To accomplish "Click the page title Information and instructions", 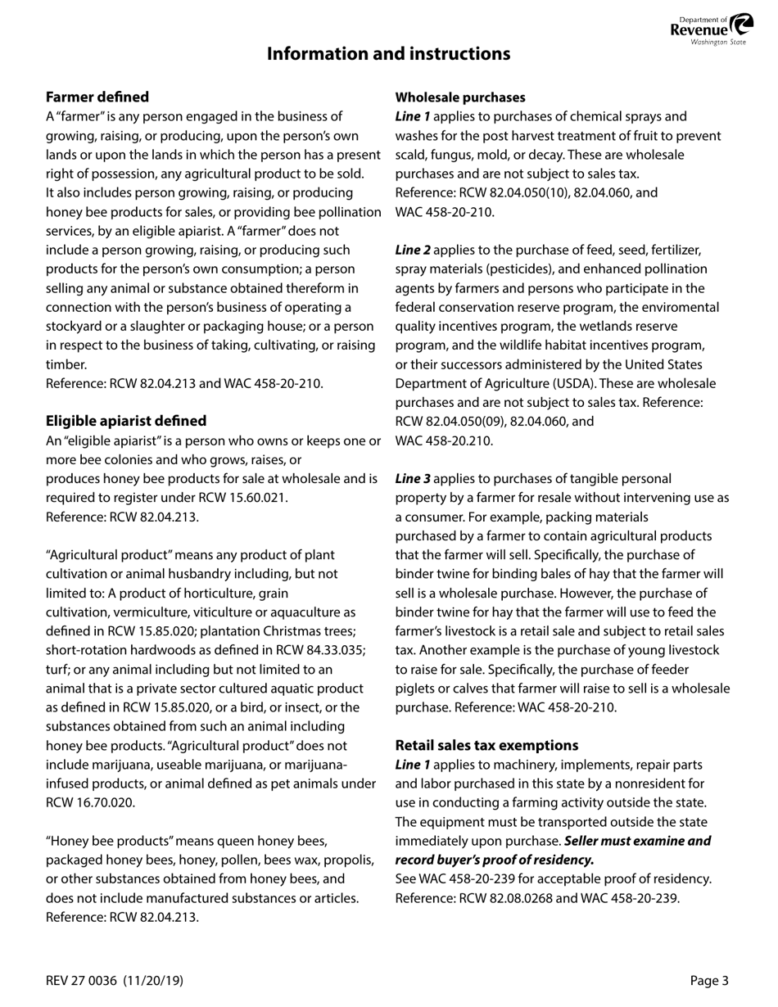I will tap(388, 54).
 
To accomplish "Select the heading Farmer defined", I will tap(97, 97).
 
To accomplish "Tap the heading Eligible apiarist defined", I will tap(126, 421).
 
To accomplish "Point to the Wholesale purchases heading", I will tap(460, 97).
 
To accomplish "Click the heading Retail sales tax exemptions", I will tap(486, 745).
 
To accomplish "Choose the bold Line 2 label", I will tap(413, 250).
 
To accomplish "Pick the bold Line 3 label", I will tap(413, 479).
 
